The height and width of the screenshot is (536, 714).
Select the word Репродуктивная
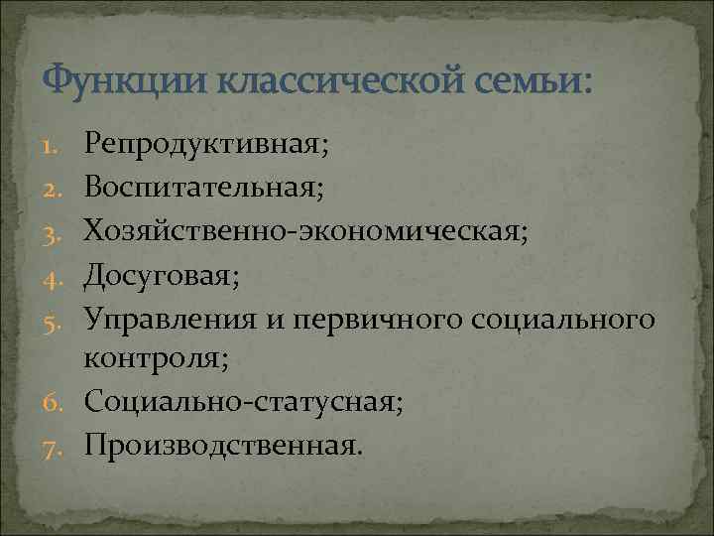[x=203, y=147]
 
